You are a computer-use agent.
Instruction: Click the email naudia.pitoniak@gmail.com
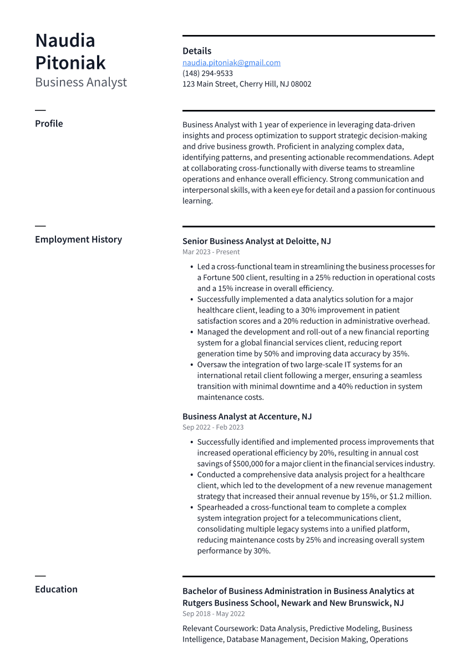point(231,63)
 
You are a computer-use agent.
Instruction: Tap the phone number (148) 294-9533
point(207,73)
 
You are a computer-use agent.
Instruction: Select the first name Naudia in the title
point(65,41)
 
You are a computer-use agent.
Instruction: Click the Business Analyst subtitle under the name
point(81,82)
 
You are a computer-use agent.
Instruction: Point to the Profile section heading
point(49,123)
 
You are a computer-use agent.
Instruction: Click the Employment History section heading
point(78,239)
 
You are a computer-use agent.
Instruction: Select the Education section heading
point(56,589)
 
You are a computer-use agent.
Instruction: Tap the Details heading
point(197,51)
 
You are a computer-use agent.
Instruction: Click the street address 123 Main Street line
point(247,84)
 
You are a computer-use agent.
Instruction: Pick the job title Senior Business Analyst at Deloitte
point(256,241)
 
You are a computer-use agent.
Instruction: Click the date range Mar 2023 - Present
point(211,252)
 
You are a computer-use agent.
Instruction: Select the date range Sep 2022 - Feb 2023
point(213,427)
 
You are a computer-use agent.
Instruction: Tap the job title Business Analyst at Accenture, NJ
point(247,416)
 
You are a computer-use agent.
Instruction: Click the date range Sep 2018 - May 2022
point(214,614)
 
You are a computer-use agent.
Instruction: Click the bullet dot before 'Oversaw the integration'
point(191,365)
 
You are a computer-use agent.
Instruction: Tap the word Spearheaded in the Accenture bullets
point(220,507)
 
